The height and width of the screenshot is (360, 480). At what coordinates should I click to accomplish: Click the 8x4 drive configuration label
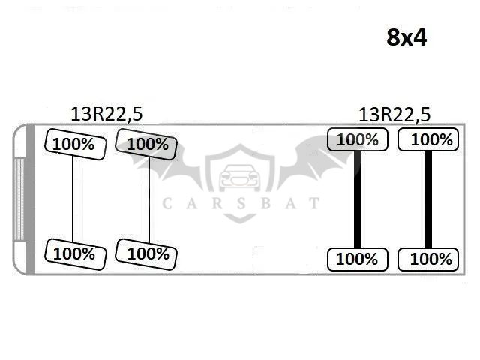pyautogui.click(x=406, y=38)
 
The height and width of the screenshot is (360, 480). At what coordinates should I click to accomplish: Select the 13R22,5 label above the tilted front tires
pyautogui.click(x=106, y=114)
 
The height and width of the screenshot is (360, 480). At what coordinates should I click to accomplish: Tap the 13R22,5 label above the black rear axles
pyautogui.click(x=394, y=115)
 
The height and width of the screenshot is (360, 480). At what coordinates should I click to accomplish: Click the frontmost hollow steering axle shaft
pyautogui.click(x=76, y=199)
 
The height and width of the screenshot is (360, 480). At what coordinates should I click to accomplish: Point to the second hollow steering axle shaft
pyautogui.click(x=146, y=199)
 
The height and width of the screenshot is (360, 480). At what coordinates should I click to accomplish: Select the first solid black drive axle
pyautogui.click(x=358, y=199)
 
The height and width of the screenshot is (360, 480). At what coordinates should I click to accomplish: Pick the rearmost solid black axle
pyautogui.click(x=428, y=199)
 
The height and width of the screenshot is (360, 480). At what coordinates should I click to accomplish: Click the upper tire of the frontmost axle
pyautogui.click(x=76, y=145)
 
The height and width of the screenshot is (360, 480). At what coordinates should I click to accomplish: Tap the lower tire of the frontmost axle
pyautogui.click(x=76, y=254)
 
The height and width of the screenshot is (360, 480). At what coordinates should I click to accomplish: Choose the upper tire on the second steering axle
pyautogui.click(x=146, y=145)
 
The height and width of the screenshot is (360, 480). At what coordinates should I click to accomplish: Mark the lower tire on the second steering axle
pyautogui.click(x=146, y=254)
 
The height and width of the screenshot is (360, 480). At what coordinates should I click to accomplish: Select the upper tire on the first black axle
pyautogui.click(x=358, y=139)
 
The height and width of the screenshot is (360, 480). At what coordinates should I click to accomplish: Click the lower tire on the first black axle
pyautogui.click(x=358, y=259)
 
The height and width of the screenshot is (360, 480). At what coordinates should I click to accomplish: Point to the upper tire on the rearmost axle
pyautogui.click(x=428, y=139)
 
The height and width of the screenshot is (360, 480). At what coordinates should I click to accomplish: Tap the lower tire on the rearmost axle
pyautogui.click(x=428, y=259)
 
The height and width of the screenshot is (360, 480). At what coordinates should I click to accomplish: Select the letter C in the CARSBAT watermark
pyautogui.click(x=166, y=203)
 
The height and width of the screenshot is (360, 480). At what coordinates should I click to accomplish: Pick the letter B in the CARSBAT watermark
pyautogui.click(x=265, y=203)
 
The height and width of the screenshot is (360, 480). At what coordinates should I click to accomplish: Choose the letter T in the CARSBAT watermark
pyautogui.click(x=314, y=203)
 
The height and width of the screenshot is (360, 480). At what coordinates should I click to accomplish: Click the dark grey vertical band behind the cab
pyautogui.click(x=30, y=199)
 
